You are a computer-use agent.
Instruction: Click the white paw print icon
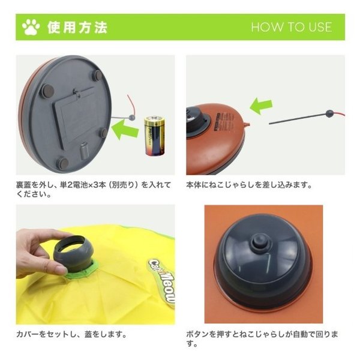tap(31, 27)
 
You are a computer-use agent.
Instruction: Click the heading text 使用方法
tap(77, 28)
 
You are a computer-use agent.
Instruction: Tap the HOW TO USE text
tap(292, 27)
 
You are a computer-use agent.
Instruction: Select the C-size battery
tap(154, 136)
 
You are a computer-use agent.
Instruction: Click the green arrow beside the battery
tap(125, 130)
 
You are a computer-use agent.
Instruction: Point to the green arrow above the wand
tap(261, 106)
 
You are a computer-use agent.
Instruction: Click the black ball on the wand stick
tap(329, 113)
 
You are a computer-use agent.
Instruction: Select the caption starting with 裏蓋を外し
tap(94, 190)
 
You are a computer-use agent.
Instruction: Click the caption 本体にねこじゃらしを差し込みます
tap(249, 185)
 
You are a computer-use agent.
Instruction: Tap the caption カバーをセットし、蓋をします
tap(71, 334)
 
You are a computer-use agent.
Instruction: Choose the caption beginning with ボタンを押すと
tap(262, 339)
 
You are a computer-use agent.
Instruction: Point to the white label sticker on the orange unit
tap(224, 121)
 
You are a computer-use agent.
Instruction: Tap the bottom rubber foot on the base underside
tap(62, 163)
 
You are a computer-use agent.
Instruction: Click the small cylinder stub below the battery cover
tap(84, 150)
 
